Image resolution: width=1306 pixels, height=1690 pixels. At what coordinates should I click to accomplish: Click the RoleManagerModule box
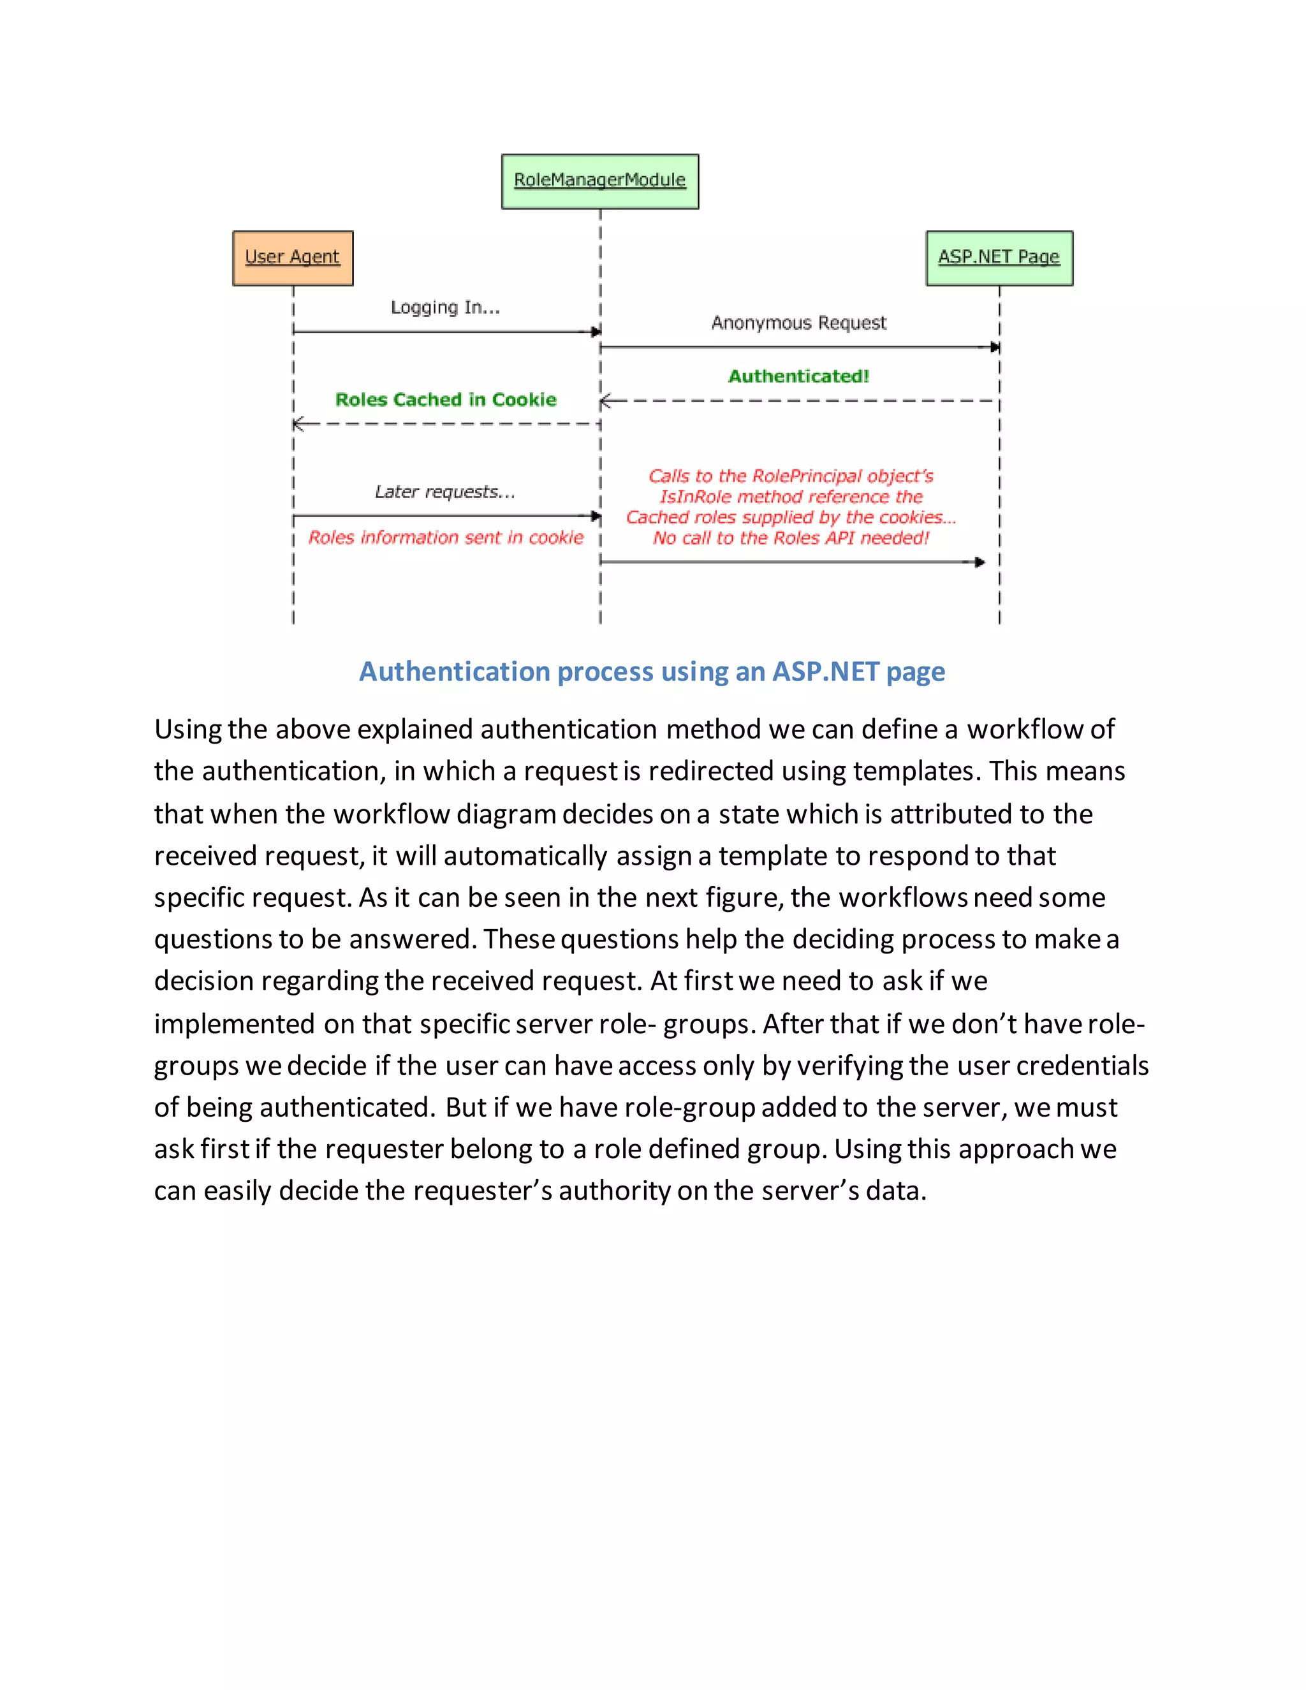599,181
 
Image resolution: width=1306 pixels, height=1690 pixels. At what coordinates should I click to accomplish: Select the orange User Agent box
293,258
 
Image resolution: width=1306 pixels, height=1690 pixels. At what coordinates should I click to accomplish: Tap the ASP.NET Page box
999,258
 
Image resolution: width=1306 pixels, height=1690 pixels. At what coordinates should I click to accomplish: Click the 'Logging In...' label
445,307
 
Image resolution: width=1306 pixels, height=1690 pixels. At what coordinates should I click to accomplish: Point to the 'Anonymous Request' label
798,323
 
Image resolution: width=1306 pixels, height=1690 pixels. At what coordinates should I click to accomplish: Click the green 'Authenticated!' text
798,376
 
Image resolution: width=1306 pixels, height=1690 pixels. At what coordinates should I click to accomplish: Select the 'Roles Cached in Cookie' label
446,399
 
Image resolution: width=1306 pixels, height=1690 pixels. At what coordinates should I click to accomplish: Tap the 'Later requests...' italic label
445,491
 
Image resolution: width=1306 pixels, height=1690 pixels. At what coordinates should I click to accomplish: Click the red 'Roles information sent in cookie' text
446,537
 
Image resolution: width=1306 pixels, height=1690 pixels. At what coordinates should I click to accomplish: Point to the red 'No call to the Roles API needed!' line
791,538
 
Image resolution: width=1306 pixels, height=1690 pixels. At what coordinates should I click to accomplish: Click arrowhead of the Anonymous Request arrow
995,348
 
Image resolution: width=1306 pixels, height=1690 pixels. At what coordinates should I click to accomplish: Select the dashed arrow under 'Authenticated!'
798,401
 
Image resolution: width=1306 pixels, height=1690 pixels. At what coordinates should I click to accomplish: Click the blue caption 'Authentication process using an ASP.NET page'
652,671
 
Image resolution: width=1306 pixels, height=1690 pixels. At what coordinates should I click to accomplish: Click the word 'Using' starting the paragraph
188,729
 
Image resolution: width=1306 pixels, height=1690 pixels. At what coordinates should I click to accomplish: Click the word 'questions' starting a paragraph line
213,939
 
